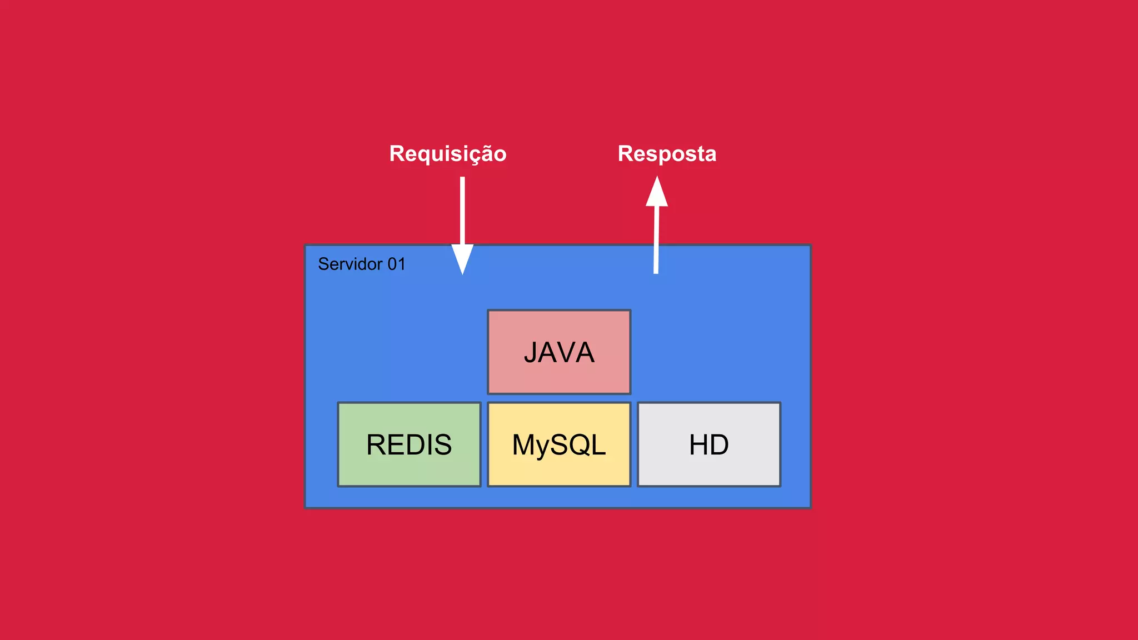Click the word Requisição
[x=448, y=154]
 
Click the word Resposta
[x=667, y=154]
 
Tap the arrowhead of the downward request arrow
[x=462, y=259]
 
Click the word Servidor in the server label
[x=350, y=264]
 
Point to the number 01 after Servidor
[x=397, y=264]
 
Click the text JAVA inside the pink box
[x=559, y=353]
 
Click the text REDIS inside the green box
[x=409, y=445]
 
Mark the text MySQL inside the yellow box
[x=559, y=445]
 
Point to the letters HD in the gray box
[x=709, y=445]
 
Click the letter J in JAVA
[x=531, y=353]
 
